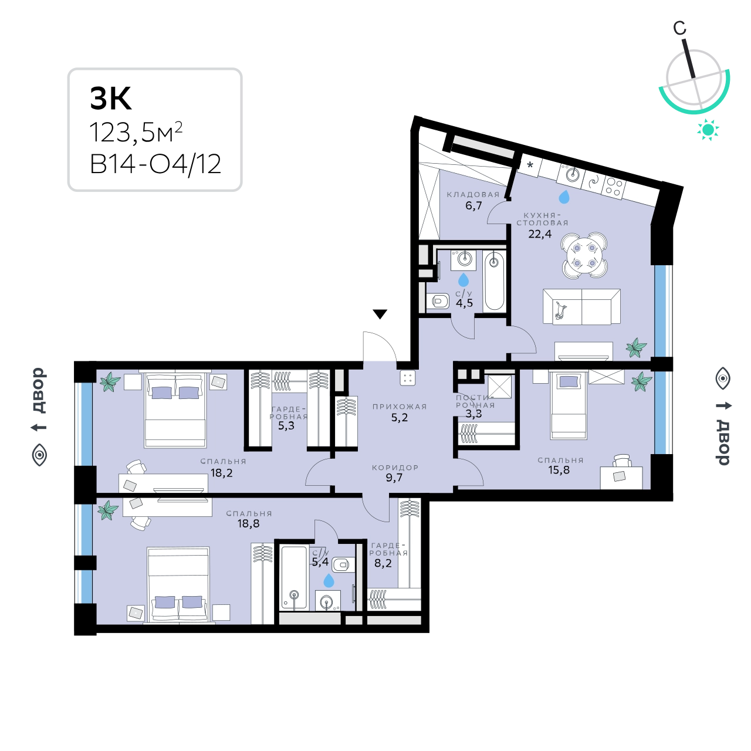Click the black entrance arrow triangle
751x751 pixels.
click(380, 314)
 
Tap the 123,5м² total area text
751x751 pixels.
click(136, 133)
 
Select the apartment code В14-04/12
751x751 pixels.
click(155, 164)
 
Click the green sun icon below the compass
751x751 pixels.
click(708, 130)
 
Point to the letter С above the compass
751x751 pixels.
click(679, 28)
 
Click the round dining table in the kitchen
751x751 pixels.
click(584, 255)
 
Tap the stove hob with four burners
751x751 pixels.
click(614, 187)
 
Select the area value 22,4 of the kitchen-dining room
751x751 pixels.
click(540, 234)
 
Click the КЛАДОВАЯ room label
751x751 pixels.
click(473, 194)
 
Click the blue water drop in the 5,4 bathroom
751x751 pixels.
click(329, 580)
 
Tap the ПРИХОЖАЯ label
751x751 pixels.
click(400, 407)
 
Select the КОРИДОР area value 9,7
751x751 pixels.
click(394, 478)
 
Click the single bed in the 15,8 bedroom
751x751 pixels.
click(568, 405)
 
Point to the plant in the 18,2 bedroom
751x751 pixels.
click(110, 381)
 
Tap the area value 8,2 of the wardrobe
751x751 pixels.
click(383, 563)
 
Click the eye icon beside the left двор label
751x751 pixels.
click(40, 455)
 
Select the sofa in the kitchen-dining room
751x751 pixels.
click(581, 306)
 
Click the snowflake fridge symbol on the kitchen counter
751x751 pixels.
click(530, 164)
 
